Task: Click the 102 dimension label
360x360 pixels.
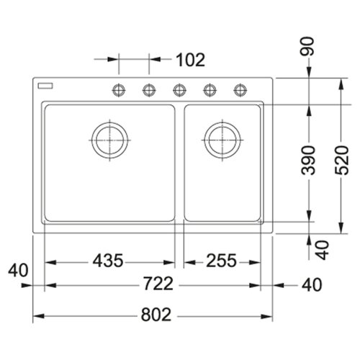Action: click(x=190, y=60)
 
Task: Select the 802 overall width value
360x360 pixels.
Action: click(x=156, y=315)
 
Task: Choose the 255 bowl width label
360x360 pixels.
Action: click(x=220, y=261)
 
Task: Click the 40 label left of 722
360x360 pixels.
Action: click(x=19, y=271)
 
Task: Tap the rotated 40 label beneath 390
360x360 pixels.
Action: click(x=322, y=249)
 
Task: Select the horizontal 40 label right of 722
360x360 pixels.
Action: click(x=310, y=285)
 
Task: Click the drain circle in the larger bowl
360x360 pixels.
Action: click(x=109, y=140)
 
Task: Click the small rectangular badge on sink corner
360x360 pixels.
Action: click(x=48, y=86)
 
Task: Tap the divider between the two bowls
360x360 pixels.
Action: click(x=180, y=163)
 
